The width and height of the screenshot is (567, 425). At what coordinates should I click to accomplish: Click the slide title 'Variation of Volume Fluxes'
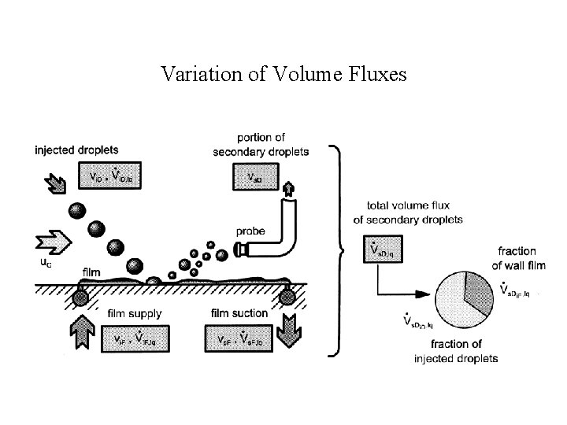click(283, 74)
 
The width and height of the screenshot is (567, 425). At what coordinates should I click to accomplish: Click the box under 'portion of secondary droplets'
click(255, 177)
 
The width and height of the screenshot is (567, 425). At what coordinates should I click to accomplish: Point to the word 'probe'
click(250, 231)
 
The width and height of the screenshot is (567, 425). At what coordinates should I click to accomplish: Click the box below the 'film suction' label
click(239, 338)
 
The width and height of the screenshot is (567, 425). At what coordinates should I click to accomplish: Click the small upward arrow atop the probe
click(288, 188)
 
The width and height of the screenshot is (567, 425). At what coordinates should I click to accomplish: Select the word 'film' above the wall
click(91, 273)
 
